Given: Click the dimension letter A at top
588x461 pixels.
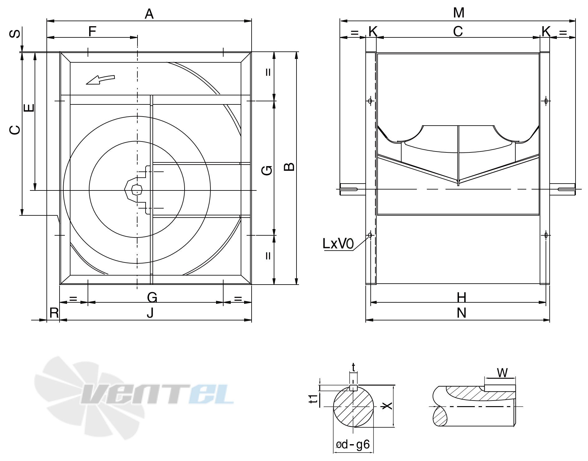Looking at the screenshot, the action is click(x=149, y=14).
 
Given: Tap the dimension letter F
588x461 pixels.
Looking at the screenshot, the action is click(x=92, y=31).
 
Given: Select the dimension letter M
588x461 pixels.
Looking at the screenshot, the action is click(x=459, y=13).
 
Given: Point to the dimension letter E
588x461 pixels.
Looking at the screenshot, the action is click(x=29, y=108).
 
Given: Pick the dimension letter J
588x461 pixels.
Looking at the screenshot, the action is click(x=150, y=313).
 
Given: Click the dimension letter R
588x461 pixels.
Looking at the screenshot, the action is click(x=54, y=313).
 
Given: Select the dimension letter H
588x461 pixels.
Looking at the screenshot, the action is click(x=461, y=298).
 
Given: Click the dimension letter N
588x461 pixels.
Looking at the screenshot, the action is click(x=461, y=313).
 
